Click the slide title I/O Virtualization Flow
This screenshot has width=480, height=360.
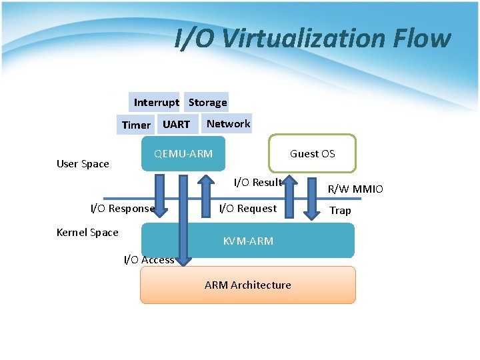click(x=312, y=39)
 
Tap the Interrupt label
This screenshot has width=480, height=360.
click(x=156, y=102)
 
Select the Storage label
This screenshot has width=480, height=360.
click(x=207, y=102)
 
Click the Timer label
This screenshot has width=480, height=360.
click(x=136, y=125)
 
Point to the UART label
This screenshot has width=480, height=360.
click(x=176, y=124)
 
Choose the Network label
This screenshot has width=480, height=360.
click(x=228, y=123)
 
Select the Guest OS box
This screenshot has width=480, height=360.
click(x=312, y=154)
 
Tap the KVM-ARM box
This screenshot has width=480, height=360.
click(x=248, y=241)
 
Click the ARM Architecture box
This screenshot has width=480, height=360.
click(x=247, y=285)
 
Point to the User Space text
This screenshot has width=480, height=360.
click(x=83, y=164)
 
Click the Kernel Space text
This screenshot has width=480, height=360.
click(x=87, y=232)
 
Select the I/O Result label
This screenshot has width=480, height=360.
click(x=258, y=182)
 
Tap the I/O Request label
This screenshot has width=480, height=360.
click(x=248, y=208)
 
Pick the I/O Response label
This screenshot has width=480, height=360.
click(x=123, y=208)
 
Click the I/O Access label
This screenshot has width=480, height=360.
click(x=149, y=259)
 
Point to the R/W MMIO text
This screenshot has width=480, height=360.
click(x=355, y=189)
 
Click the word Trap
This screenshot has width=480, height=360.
click(x=340, y=210)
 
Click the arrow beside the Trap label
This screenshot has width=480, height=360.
click(x=311, y=197)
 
